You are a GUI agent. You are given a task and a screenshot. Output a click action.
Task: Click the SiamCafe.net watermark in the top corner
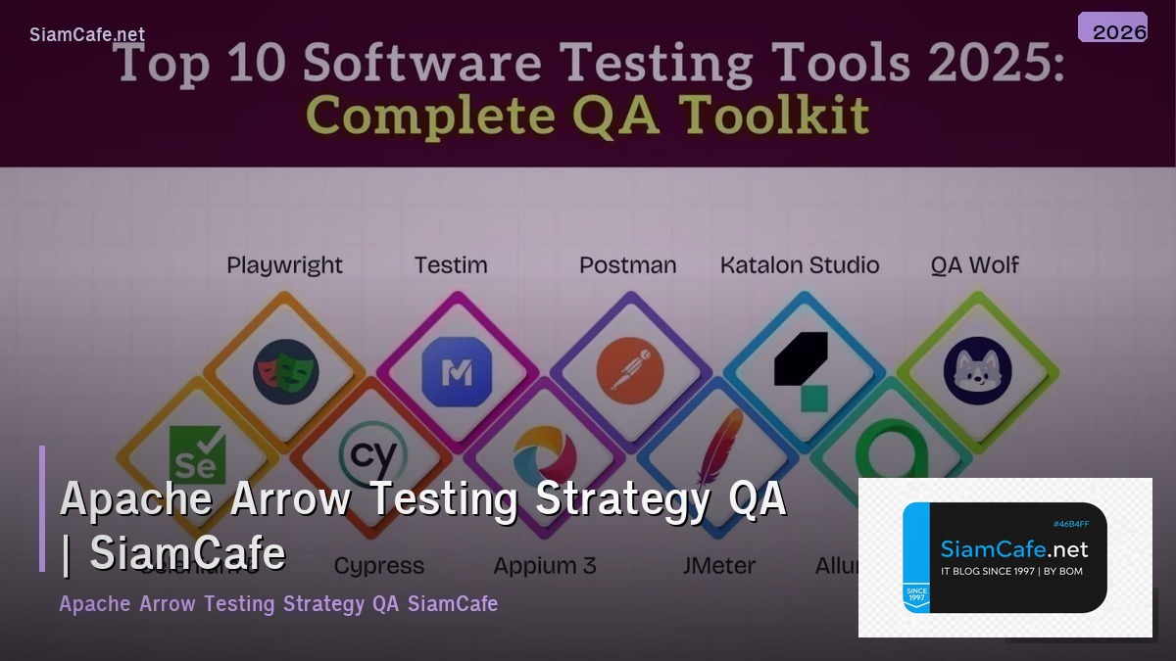pyautogui.click(x=87, y=34)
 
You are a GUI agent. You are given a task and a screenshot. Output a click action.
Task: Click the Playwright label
pyautogui.click(x=284, y=265)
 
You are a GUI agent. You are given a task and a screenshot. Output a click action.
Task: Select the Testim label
pyautogui.click(x=451, y=265)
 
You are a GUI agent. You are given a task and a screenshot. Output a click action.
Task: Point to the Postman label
pyautogui.click(x=627, y=265)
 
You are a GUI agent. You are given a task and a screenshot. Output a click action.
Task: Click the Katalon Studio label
pyautogui.click(x=800, y=265)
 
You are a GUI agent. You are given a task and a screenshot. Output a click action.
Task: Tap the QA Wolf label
pyautogui.click(x=975, y=265)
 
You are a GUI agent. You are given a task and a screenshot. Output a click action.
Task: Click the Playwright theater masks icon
pyautogui.click(x=285, y=372)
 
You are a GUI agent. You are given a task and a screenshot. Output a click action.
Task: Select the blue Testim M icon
pyautogui.click(x=455, y=372)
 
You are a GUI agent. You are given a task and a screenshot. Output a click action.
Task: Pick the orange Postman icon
pyautogui.click(x=629, y=372)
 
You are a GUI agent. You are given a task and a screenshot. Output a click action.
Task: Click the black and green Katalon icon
pyautogui.click(x=803, y=370)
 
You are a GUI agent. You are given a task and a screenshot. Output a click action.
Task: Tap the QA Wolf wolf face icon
pyautogui.click(x=977, y=372)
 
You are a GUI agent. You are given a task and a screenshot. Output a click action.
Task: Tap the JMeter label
pyautogui.click(x=719, y=566)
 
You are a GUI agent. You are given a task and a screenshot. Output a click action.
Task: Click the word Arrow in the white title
pyautogui.click(x=290, y=498)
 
